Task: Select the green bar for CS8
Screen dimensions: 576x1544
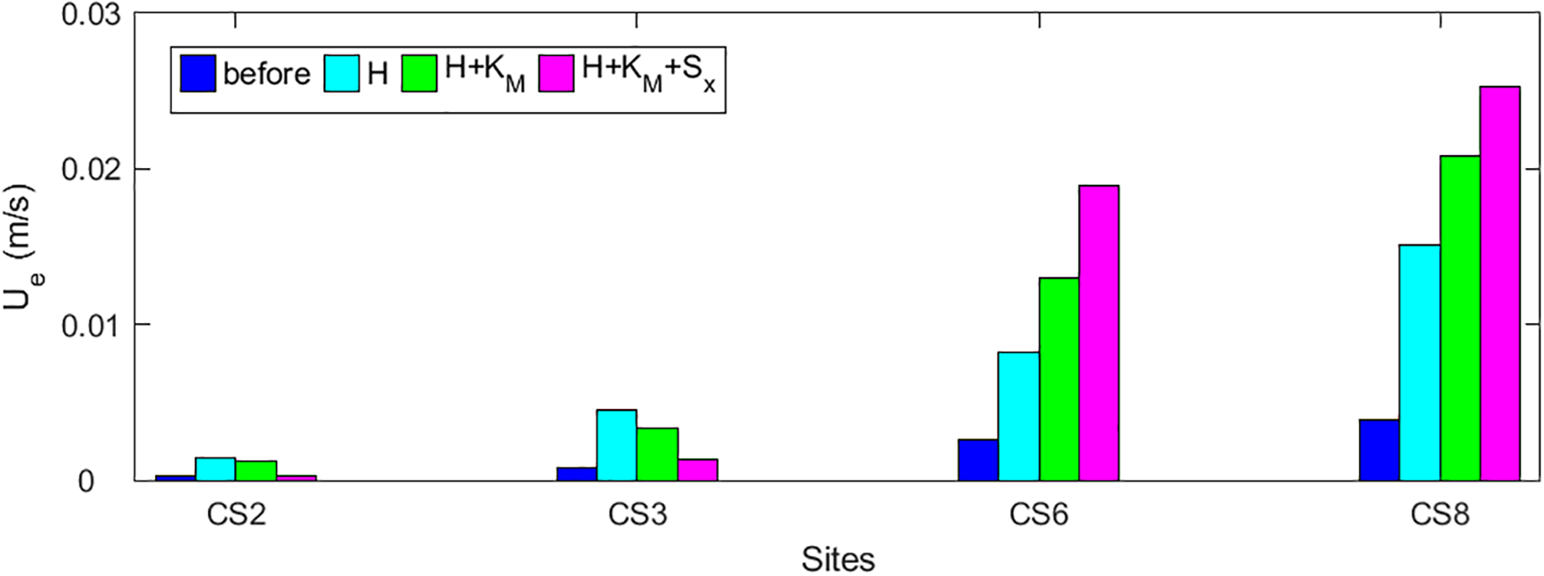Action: tap(1459, 317)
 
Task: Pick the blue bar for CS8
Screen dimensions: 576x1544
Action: tap(1379, 450)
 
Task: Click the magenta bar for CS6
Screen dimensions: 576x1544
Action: tap(1099, 332)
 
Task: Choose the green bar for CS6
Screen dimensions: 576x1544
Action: tap(1059, 379)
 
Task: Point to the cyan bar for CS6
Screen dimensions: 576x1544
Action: tap(1018, 416)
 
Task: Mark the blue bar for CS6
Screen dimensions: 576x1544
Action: tap(978, 459)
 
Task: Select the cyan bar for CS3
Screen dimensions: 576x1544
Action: tap(617, 444)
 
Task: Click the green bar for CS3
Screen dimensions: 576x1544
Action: tap(657, 454)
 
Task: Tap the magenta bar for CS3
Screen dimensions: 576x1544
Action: tap(697, 470)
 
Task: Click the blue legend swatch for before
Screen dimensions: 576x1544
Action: tap(198, 73)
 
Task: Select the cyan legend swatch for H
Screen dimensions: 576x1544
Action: tap(342, 73)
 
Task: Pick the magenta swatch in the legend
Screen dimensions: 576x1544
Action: tap(556, 73)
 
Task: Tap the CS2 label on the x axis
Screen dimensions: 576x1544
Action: tap(236, 514)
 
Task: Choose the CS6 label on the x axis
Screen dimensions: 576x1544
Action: tap(1038, 514)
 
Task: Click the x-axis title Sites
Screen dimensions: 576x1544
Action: tap(837, 559)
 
